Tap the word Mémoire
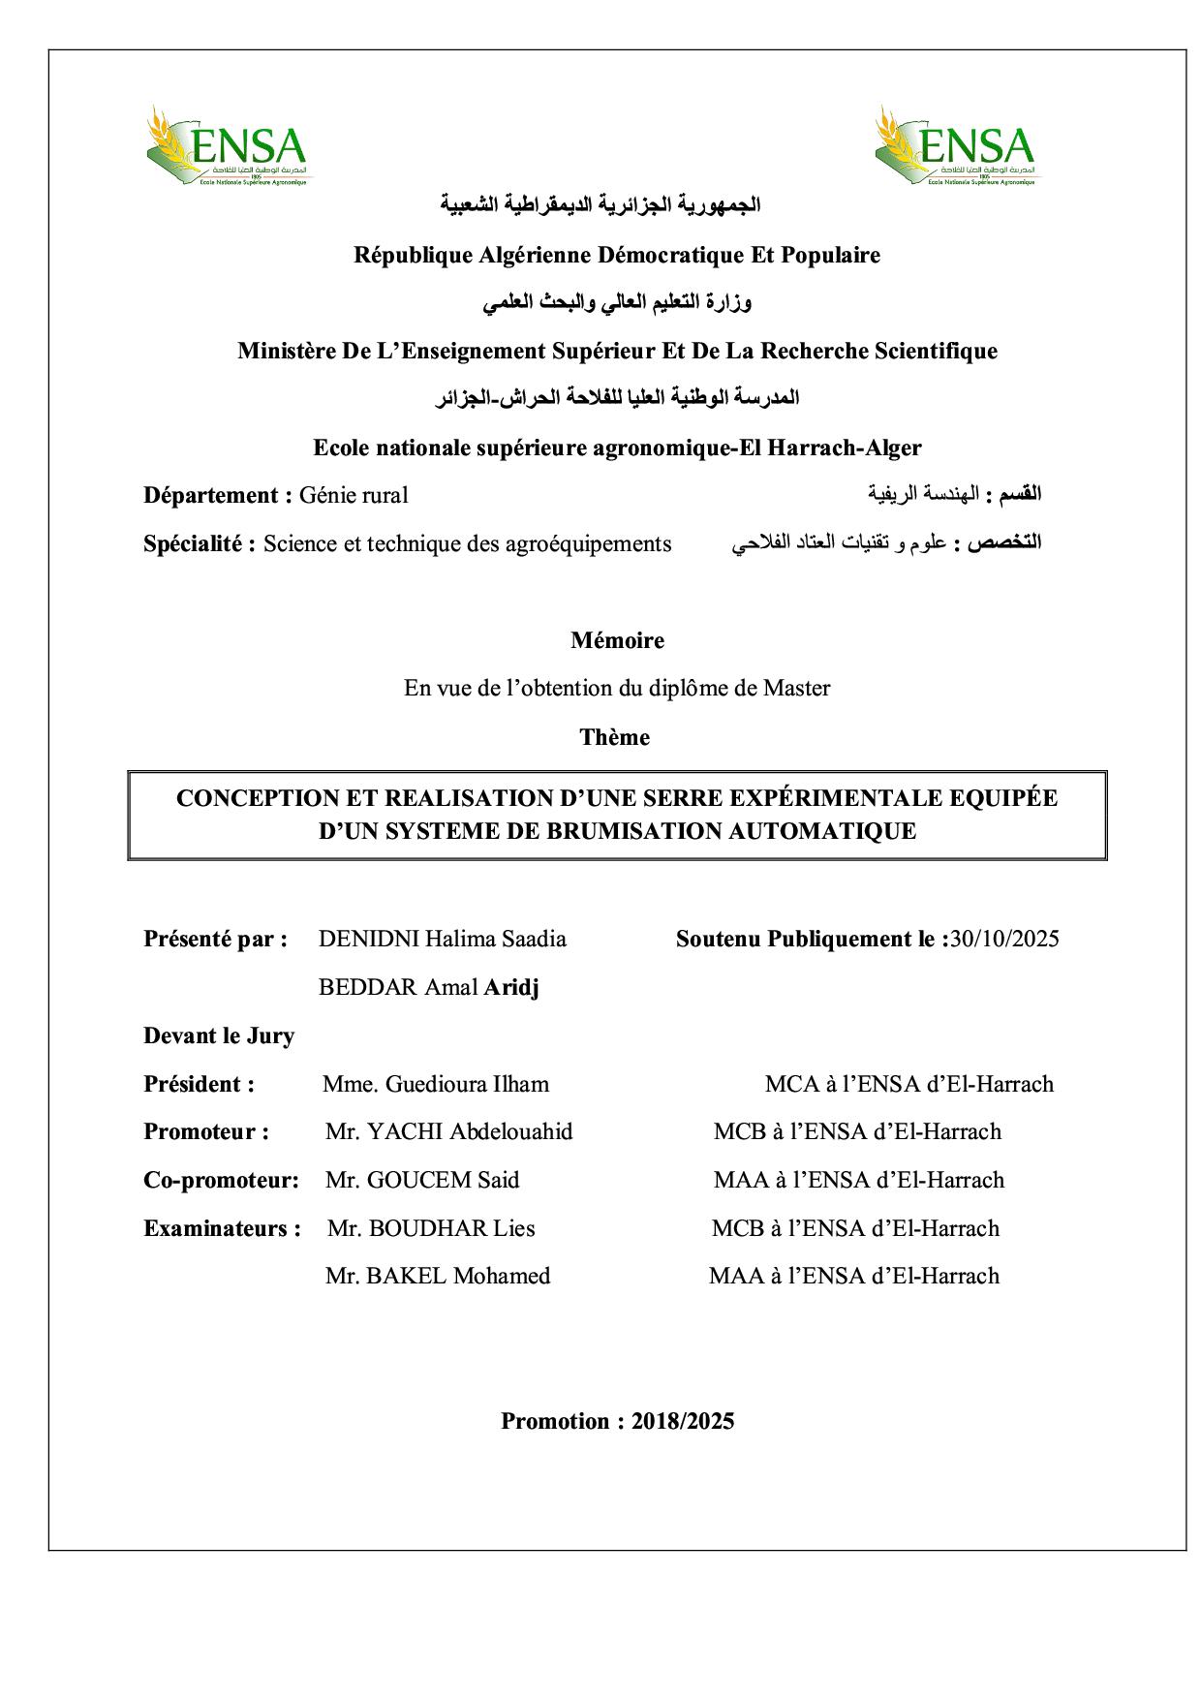pyautogui.click(x=617, y=640)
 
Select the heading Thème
pyautogui.click(x=614, y=737)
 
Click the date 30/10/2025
pyautogui.click(x=1004, y=939)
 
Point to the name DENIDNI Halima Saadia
pyautogui.click(x=442, y=939)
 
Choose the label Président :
pyautogui.click(x=199, y=1084)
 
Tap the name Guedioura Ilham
pyautogui.click(x=467, y=1084)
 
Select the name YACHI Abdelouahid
pyautogui.click(x=469, y=1131)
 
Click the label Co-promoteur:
pyautogui.click(x=221, y=1180)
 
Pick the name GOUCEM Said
pyautogui.click(x=444, y=1180)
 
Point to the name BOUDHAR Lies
pyautogui.click(x=451, y=1228)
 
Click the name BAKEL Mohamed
pyautogui.click(x=457, y=1276)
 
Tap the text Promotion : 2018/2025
pyautogui.click(x=617, y=1421)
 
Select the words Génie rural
pyautogui.click(x=354, y=495)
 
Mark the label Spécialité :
pyautogui.click(x=200, y=543)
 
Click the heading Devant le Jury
pyautogui.click(x=219, y=1035)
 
